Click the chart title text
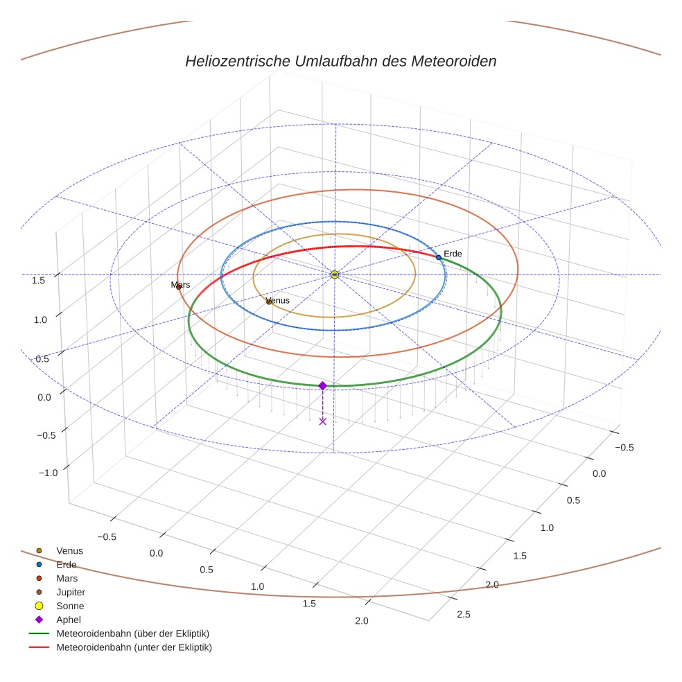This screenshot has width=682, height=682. click(x=341, y=61)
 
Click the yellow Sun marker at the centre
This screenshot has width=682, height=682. click(x=335, y=274)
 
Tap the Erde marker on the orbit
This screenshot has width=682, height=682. click(x=438, y=257)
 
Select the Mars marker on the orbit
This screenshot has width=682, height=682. click(x=179, y=287)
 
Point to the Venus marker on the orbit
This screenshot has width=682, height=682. click(x=269, y=301)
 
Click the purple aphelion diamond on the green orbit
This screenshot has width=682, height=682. click(x=322, y=385)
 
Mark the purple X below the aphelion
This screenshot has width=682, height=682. click(x=322, y=421)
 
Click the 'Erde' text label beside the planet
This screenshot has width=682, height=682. click(x=453, y=254)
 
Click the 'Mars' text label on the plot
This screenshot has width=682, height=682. click(x=180, y=285)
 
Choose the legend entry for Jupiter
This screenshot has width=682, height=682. click(x=71, y=592)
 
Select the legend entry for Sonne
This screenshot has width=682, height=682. click(x=70, y=606)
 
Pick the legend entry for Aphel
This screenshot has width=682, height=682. click(x=69, y=620)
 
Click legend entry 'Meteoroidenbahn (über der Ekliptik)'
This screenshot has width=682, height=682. click(x=132, y=633)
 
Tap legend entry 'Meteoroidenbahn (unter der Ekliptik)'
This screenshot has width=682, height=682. click(x=134, y=647)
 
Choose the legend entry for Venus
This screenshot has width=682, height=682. click(x=69, y=550)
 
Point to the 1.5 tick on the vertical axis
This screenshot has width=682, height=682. click(x=39, y=281)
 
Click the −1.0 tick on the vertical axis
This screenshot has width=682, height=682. click(x=48, y=473)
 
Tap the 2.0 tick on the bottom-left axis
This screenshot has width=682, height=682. click(x=361, y=620)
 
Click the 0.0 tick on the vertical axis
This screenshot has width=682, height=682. click(x=44, y=397)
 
